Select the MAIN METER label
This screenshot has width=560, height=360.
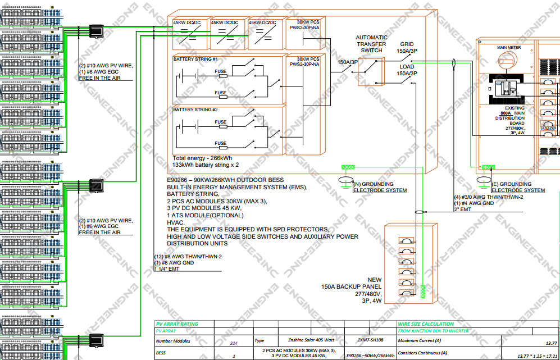pyautogui.click(x=509, y=48)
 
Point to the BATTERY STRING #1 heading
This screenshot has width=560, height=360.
pyautogui.click(x=195, y=59)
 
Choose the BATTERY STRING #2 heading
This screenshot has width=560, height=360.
pyautogui.click(x=195, y=110)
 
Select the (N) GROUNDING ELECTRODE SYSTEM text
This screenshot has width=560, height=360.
pyautogui.click(x=380, y=187)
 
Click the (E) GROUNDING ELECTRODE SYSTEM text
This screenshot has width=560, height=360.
pyautogui.click(x=518, y=187)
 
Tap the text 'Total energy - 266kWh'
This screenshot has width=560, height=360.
pyautogui.click(x=203, y=158)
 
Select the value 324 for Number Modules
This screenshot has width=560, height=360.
pyautogui.click(x=234, y=341)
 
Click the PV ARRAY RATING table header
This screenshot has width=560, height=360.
pyautogui.click(x=177, y=324)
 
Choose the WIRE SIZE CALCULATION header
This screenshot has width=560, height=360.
pyautogui.click(x=425, y=324)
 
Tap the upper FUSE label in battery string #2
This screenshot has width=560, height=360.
pyautogui.click(x=220, y=122)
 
